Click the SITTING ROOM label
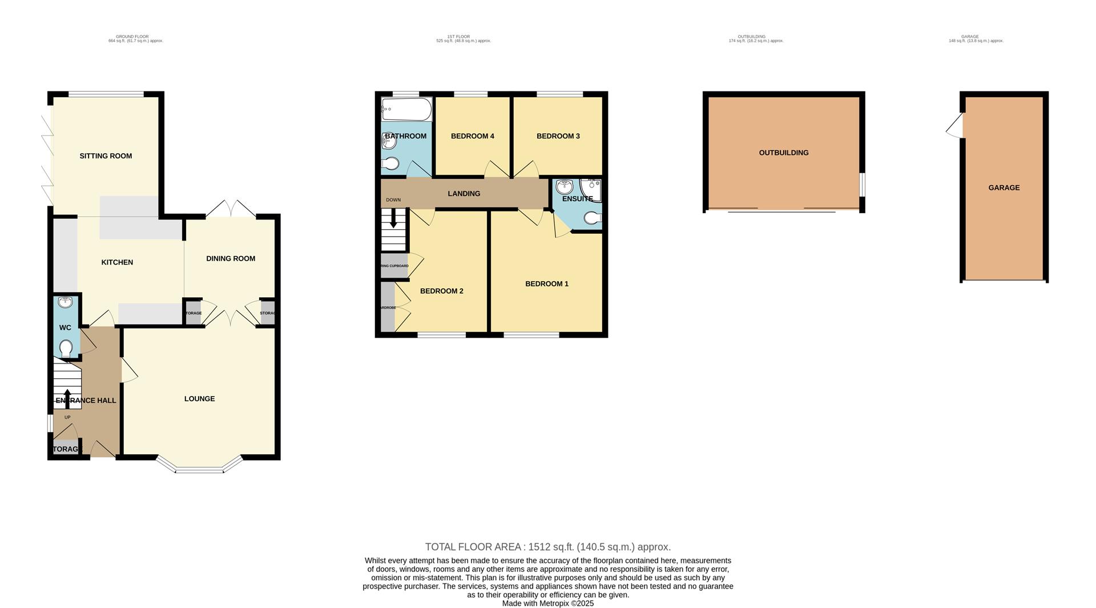(x=106, y=156)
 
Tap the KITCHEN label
(x=117, y=262)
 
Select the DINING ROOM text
(x=231, y=258)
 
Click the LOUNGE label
(x=199, y=399)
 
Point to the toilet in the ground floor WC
(x=66, y=349)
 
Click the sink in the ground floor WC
(x=65, y=302)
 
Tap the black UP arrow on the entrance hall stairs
(x=67, y=398)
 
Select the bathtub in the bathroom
(x=406, y=109)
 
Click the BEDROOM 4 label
(x=472, y=136)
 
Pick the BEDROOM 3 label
(x=558, y=136)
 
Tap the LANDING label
(x=464, y=194)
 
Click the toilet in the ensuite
(x=593, y=218)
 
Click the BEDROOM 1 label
(x=546, y=284)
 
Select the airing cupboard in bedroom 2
(x=394, y=266)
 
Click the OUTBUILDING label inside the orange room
(x=783, y=153)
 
